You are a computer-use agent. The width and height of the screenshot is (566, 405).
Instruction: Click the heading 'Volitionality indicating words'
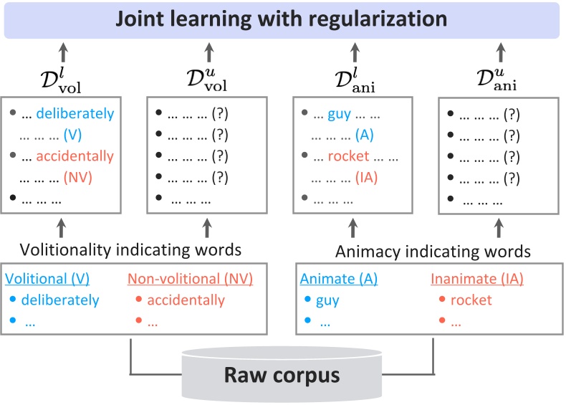(130, 250)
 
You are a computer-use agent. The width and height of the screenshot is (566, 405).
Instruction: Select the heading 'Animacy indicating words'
(433, 251)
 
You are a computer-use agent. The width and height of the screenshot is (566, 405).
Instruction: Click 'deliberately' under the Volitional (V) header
(60, 300)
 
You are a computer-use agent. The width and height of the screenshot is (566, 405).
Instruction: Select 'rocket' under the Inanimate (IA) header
(471, 300)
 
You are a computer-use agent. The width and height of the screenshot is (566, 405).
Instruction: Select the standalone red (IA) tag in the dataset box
(366, 177)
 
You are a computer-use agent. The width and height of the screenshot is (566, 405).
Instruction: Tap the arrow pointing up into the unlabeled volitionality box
(208, 227)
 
